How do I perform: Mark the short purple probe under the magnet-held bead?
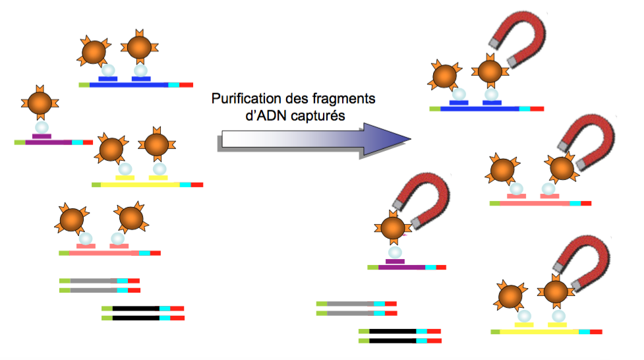pyautogui.click(x=395, y=261)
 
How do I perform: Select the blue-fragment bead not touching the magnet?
pyautogui.click(x=445, y=75)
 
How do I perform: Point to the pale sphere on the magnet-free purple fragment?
pyautogui.click(x=41, y=126)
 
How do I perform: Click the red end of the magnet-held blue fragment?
pyautogui.click(x=537, y=108)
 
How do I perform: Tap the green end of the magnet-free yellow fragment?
pyautogui.click(x=96, y=185)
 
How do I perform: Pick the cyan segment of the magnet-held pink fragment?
pyautogui.click(x=575, y=203)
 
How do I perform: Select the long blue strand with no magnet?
pyautogui.click(x=129, y=84)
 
